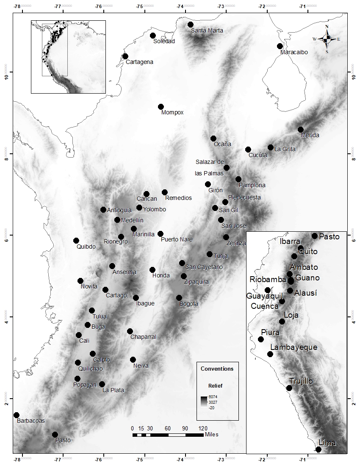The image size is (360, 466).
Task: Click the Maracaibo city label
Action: click(294, 52)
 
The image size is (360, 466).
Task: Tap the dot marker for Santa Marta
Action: click(191, 25)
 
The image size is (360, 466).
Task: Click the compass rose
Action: click(327, 39)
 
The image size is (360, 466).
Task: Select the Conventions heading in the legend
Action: click(217, 369)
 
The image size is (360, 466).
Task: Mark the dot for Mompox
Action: click(161, 107)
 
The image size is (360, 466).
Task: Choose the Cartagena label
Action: click(139, 62)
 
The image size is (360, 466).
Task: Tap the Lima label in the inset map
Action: click(327, 443)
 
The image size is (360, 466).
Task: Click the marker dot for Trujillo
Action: click(289, 388)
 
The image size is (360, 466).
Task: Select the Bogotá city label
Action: click(189, 304)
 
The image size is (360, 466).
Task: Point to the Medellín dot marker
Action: click(117, 220)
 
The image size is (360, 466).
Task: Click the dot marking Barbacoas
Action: click(17, 415)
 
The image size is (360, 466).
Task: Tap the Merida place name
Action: click(310, 135)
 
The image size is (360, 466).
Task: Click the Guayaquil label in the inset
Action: click(263, 297)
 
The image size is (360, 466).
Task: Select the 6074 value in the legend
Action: click(213, 397)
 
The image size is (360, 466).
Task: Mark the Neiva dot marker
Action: click(133, 360)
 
